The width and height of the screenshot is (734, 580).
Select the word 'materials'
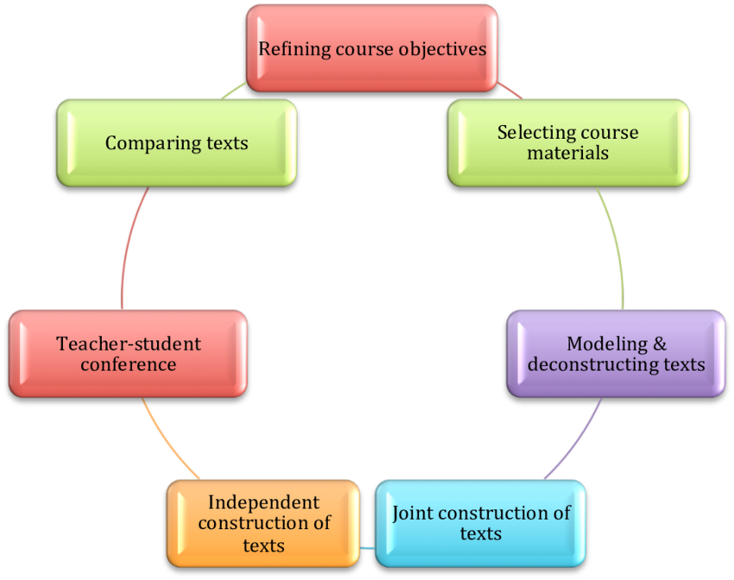tap(567, 153)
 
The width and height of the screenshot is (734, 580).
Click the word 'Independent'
tap(263, 502)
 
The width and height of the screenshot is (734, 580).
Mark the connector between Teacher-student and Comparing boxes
tap(127, 250)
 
